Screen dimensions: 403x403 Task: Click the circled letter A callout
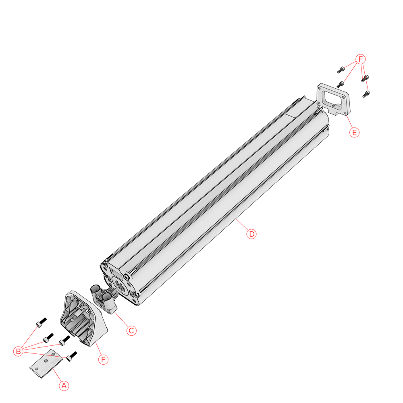64,386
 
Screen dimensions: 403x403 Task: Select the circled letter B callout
18,351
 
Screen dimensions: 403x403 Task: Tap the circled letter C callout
131,330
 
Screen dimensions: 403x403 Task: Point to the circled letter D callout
251,234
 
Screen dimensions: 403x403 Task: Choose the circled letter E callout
354,132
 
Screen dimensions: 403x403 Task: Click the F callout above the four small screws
361,59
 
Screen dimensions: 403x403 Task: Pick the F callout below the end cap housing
103,359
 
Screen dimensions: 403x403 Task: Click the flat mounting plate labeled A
46,364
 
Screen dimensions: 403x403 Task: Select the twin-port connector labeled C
103,299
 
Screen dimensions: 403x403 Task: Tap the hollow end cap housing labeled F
83,319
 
